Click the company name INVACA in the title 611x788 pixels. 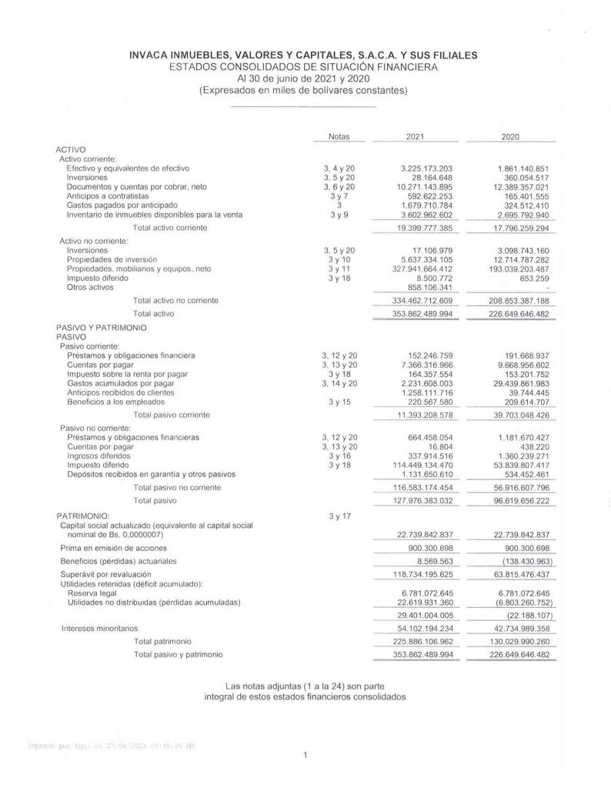coord(157,55)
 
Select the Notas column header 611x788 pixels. coord(339,136)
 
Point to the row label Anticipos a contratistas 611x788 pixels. coord(109,196)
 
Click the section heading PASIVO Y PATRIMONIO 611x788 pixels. coord(101,328)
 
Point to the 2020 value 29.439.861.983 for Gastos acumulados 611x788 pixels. coord(512,383)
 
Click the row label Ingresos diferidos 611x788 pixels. coord(102,456)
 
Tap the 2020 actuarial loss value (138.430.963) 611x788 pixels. coord(515,563)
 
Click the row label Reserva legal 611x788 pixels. coord(92,593)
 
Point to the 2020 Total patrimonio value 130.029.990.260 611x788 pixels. coord(512,641)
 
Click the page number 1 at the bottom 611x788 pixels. coord(305,756)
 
